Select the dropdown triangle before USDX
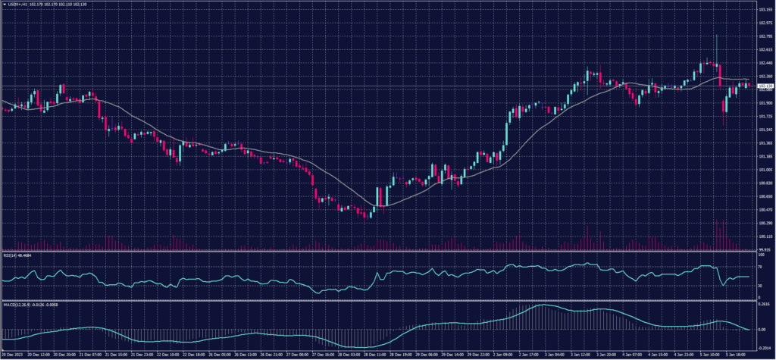3,4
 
